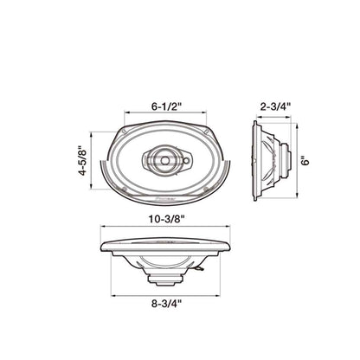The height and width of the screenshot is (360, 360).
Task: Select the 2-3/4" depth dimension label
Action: tap(274, 107)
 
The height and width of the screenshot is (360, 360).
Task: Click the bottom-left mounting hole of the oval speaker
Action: tap(127, 187)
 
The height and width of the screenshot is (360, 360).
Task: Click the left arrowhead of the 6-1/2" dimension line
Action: tap(126, 113)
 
